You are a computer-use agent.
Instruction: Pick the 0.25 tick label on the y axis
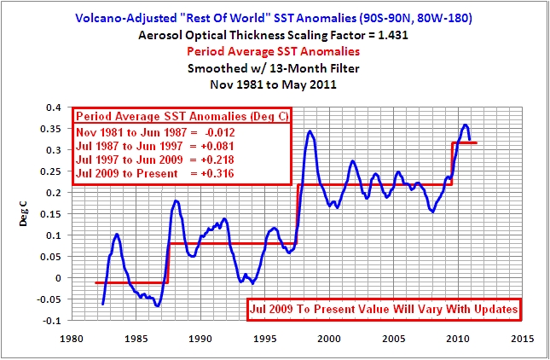pyautogui.click(x=55, y=171)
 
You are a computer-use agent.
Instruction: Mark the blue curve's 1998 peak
pyautogui.click(x=310, y=131)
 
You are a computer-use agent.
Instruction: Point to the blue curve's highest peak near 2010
pyautogui.click(x=465, y=125)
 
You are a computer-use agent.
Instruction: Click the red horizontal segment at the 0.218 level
pyautogui.click(x=375, y=185)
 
